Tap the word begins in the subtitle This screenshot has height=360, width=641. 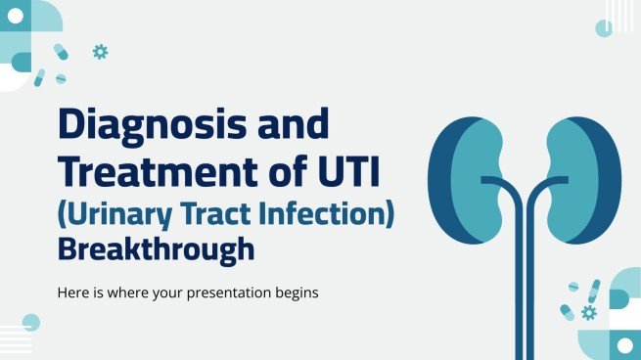pos(296,292)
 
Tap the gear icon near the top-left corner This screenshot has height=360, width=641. pos(100,52)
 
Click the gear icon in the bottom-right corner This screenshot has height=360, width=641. pos(588,312)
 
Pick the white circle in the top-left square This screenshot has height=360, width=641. pos(21,62)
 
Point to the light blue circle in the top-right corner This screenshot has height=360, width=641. pos(604,28)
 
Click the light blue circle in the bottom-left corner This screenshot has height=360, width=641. pos(31,322)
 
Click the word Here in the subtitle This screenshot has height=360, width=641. pos(76,292)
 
